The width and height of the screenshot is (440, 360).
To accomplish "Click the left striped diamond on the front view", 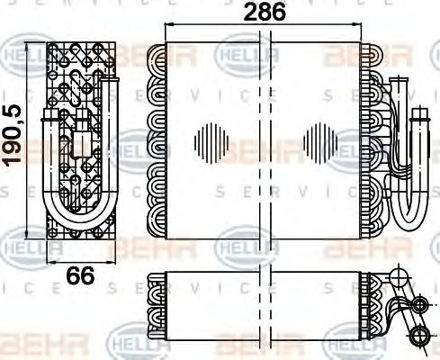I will (212, 143).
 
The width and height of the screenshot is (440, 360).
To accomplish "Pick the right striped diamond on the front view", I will (319, 143).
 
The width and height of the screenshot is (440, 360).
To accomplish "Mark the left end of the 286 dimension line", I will (165, 26).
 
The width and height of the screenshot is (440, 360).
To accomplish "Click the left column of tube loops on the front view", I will (157, 139).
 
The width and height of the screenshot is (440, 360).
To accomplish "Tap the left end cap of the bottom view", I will (155, 306).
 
